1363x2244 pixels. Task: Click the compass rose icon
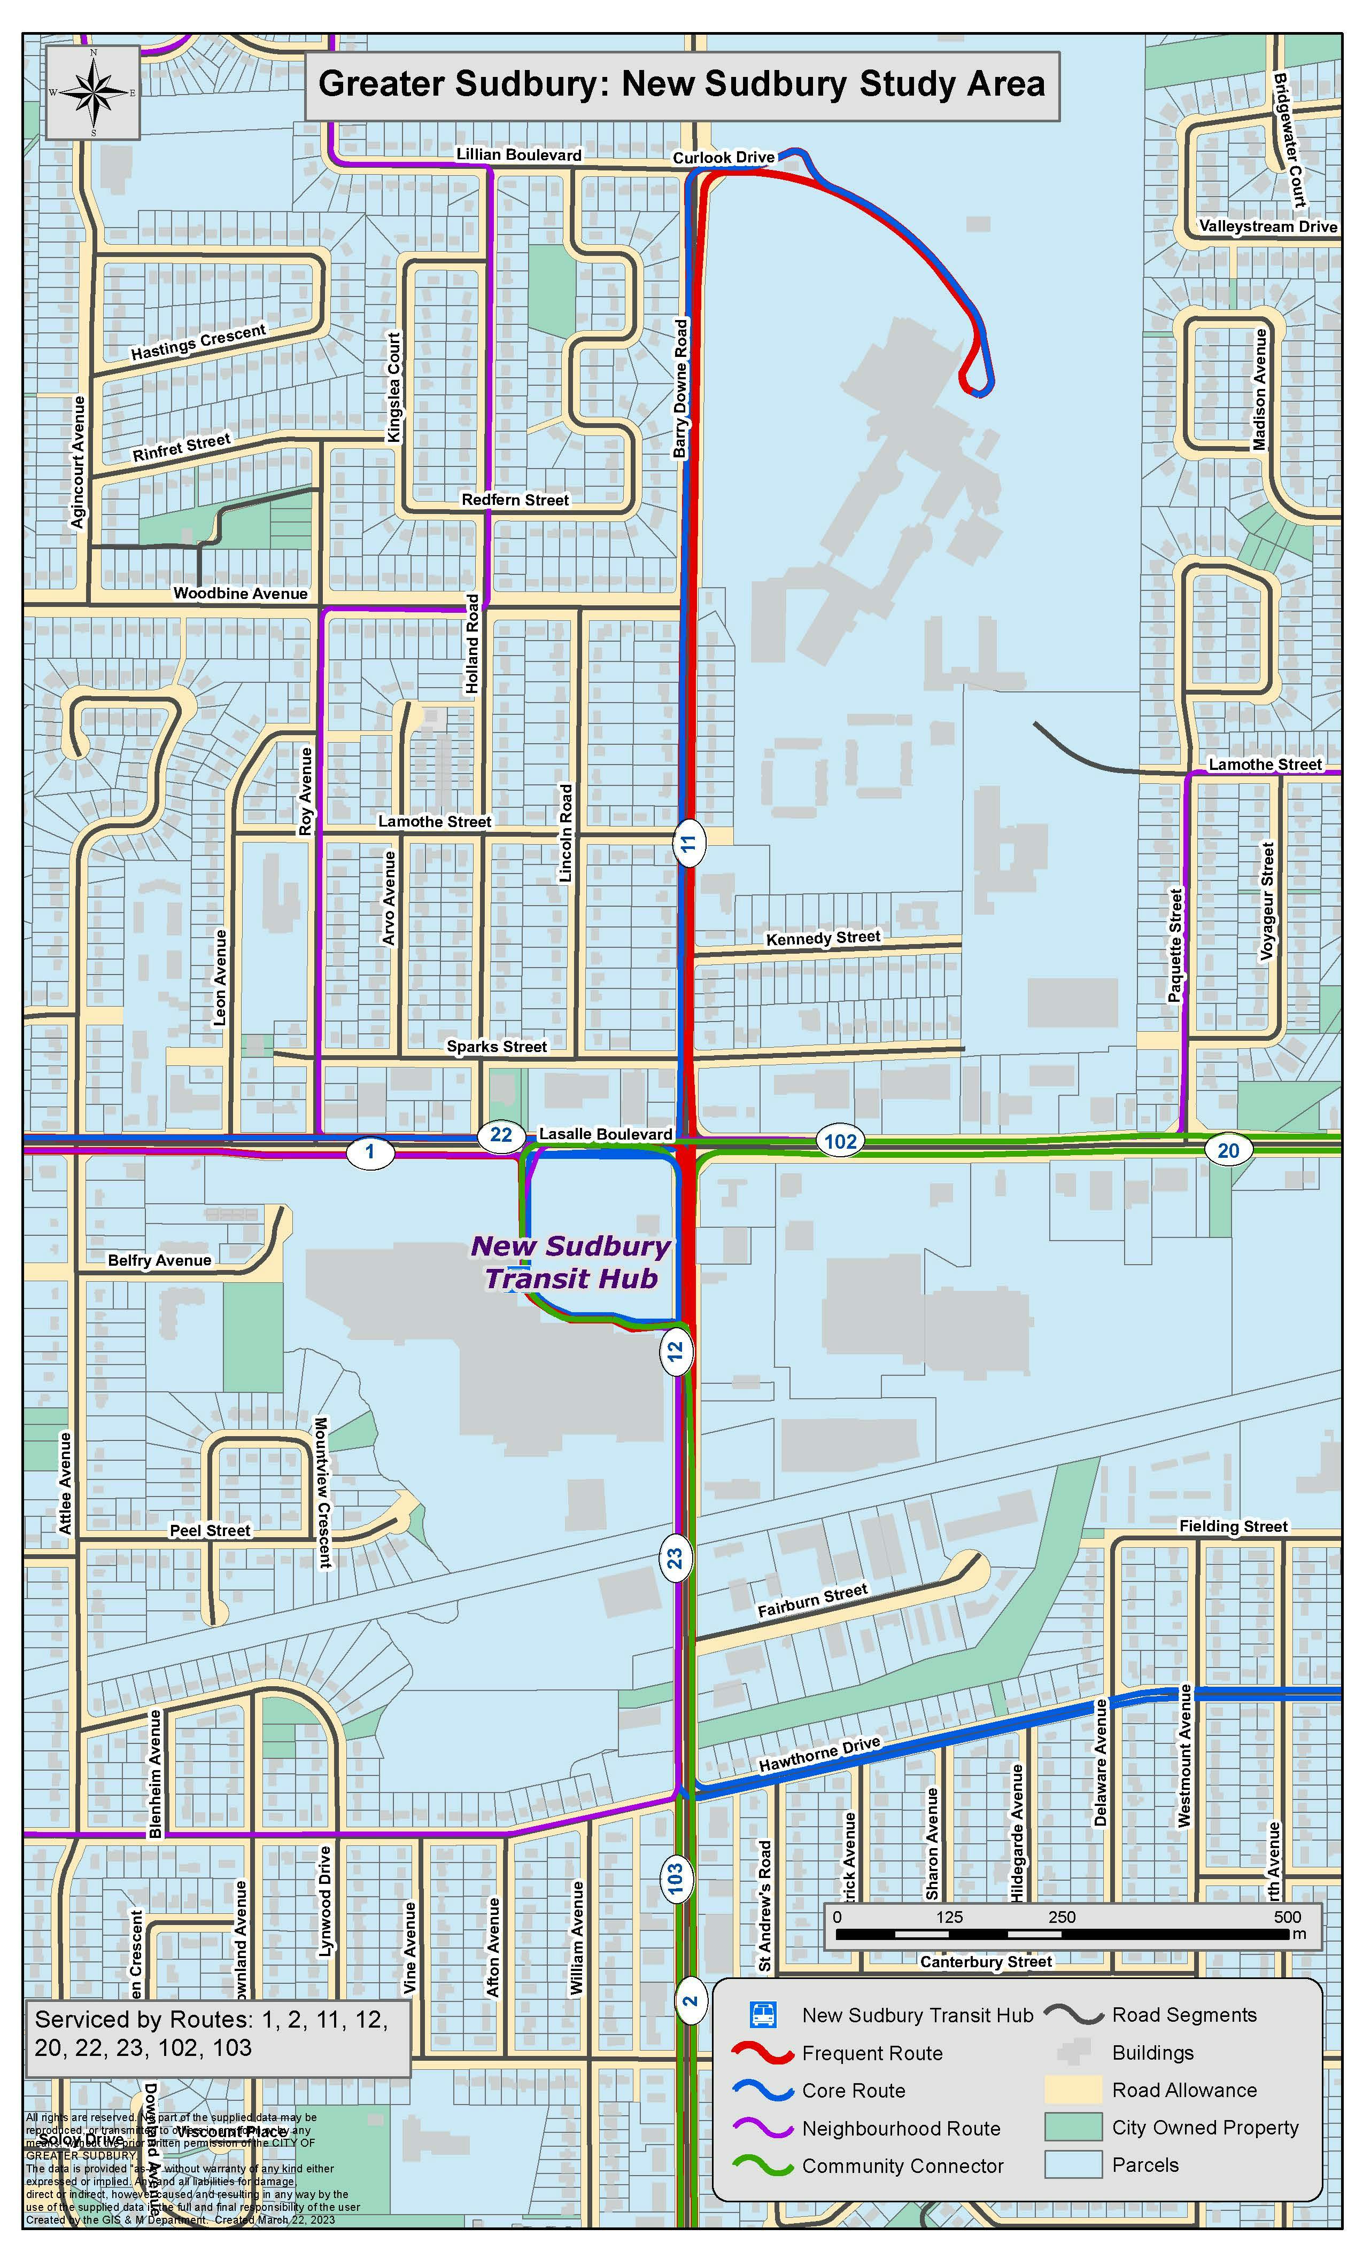coord(92,92)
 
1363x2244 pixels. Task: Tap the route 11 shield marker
coord(689,843)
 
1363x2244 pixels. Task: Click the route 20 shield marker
coord(1227,1150)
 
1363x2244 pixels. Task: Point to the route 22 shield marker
coord(500,1135)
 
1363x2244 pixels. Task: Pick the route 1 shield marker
coord(370,1152)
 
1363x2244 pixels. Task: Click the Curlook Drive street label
coord(723,158)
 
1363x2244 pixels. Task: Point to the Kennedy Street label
coord(823,938)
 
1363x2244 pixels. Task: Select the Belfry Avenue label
coord(159,1260)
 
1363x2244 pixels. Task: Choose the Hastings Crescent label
coord(198,341)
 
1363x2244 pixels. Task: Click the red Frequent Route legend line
coord(763,2053)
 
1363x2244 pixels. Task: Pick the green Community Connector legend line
coord(763,2165)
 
